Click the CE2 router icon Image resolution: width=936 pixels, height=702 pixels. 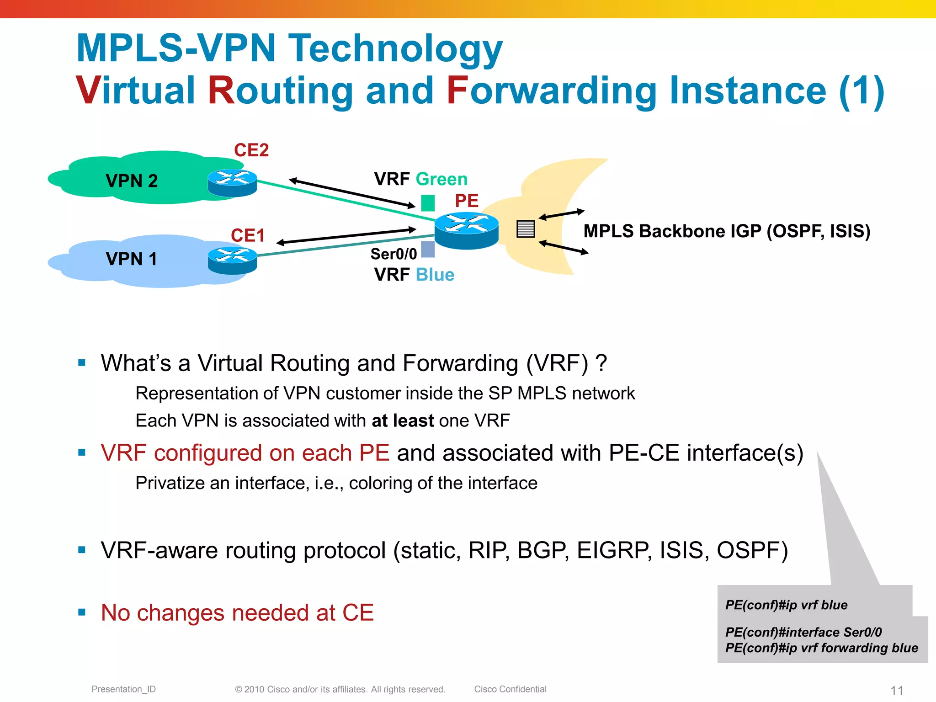pos(232,183)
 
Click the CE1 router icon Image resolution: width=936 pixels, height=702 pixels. pos(232,261)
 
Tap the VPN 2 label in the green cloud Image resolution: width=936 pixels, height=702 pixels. pos(132,181)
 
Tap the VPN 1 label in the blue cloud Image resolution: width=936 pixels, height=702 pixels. pos(132,259)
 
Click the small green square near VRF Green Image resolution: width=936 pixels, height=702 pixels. pos(428,203)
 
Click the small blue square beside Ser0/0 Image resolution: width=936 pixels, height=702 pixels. pos(428,250)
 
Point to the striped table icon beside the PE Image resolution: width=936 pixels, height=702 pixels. pos(526,229)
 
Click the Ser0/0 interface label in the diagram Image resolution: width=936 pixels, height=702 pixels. pos(394,254)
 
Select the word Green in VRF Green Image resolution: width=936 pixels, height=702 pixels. pos(441,179)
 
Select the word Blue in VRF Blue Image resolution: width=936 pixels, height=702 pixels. pos(435,275)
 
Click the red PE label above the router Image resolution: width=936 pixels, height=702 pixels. pos(467,201)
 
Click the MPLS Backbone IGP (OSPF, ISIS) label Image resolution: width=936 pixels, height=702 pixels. pos(727,231)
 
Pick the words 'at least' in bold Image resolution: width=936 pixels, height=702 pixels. pos(403,420)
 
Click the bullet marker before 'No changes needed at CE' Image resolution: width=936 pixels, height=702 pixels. pos(82,612)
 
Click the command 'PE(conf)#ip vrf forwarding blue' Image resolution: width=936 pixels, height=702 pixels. pos(821,648)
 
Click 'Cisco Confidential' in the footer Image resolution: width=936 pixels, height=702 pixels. pos(510,689)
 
